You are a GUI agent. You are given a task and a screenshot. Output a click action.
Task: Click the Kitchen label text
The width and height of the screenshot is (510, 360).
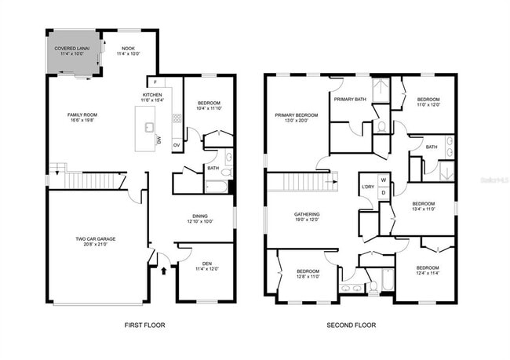pyautogui.click(x=153, y=98)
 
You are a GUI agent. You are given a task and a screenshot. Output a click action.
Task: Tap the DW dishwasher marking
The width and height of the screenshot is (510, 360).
pyautogui.click(x=159, y=140)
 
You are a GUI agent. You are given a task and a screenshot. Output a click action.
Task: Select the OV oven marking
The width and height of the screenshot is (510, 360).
pyautogui.click(x=177, y=145)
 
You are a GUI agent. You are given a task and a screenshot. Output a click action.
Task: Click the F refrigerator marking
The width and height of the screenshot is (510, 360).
pyautogui.click(x=155, y=82)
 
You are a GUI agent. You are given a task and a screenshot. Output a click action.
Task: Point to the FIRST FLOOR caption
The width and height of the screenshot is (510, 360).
pyautogui.click(x=145, y=325)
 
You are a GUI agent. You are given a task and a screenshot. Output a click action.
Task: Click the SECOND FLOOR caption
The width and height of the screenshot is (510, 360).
pyautogui.click(x=352, y=325)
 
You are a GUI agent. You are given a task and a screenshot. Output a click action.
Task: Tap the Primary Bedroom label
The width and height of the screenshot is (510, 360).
pyautogui.click(x=297, y=118)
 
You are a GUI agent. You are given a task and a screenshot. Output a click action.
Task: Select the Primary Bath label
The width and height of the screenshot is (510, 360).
pyautogui.click(x=350, y=100)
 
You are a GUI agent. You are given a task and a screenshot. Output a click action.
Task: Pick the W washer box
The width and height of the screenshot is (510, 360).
pyautogui.click(x=384, y=180)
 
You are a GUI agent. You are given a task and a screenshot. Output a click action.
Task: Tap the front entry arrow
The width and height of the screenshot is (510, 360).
pyautogui.click(x=163, y=271)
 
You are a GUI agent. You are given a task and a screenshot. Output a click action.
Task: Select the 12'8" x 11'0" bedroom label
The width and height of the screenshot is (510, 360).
pyautogui.click(x=308, y=274)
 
